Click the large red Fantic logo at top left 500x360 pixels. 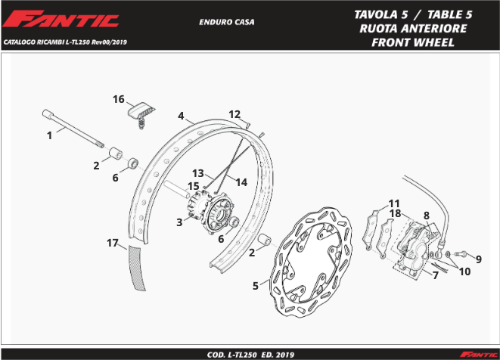(x=61, y=19)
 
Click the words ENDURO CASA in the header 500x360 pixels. (x=227, y=22)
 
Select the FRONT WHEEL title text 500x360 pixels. (x=413, y=42)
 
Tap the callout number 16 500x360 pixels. (x=118, y=99)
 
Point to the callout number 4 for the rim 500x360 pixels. (x=181, y=116)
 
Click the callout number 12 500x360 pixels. (x=234, y=114)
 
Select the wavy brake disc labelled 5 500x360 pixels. (x=311, y=262)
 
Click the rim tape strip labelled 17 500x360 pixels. (x=136, y=268)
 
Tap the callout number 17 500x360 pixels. (x=113, y=243)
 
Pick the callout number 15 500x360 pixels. (x=193, y=186)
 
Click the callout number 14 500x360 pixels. (x=241, y=182)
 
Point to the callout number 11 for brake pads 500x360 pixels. (x=394, y=203)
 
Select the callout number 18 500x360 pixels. (x=395, y=213)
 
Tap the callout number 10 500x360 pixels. (x=464, y=272)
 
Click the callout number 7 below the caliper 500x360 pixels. (x=436, y=275)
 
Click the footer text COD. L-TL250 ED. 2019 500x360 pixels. (x=250, y=355)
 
